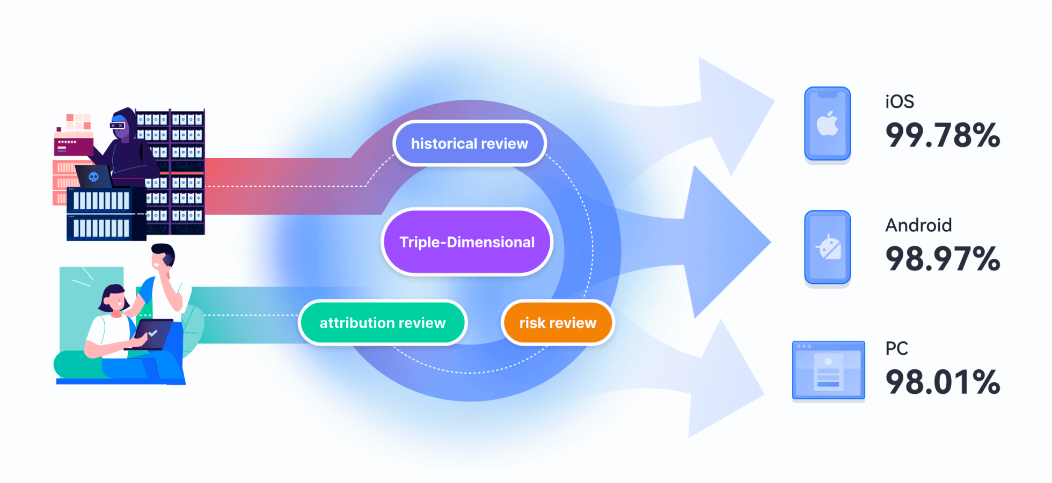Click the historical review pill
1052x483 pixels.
470,143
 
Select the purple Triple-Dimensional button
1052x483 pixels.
467,242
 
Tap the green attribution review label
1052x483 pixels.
383,323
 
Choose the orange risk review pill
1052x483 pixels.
558,323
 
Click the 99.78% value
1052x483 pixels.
943,135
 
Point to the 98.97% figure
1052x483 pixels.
943,259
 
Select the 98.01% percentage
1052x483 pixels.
943,382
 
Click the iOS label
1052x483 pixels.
900,101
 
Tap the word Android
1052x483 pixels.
918,225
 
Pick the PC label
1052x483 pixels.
896,348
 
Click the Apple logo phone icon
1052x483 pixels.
827,123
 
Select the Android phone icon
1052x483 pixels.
827,247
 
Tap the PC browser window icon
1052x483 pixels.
828,370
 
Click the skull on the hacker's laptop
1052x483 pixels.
93,177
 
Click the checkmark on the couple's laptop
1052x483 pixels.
152,333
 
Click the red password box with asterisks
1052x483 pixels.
73,146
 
